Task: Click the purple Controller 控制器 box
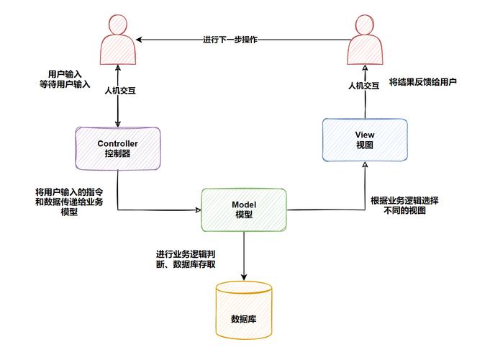[x=117, y=148]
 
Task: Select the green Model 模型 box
[x=243, y=210]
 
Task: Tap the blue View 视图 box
[x=365, y=140]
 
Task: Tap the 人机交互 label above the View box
[x=364, y=85]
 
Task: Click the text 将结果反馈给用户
[x=423, y=82]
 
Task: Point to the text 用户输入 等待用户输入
[x=65, y=79]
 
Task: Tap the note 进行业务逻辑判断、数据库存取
[x=186, y=259]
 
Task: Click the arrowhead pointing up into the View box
[x=365, y=166]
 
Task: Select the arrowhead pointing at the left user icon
[x=140, y=40]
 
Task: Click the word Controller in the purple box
[x=117, y=143]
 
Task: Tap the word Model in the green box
[x=243, y=205]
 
